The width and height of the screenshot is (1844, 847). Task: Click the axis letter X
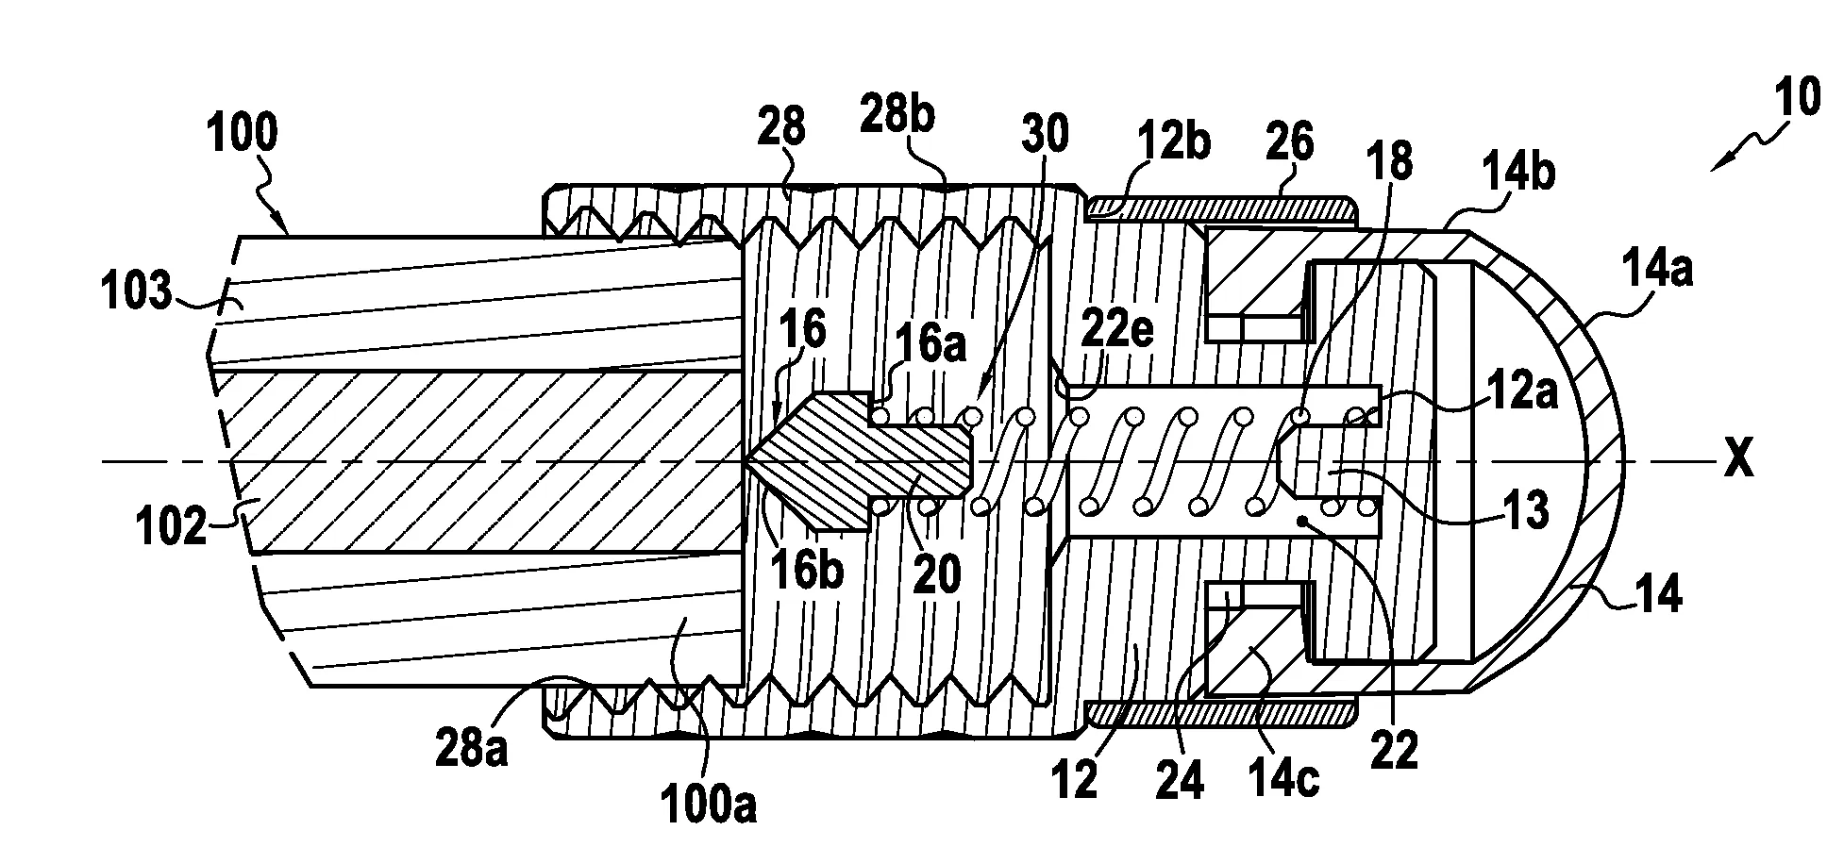point(1738,462)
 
